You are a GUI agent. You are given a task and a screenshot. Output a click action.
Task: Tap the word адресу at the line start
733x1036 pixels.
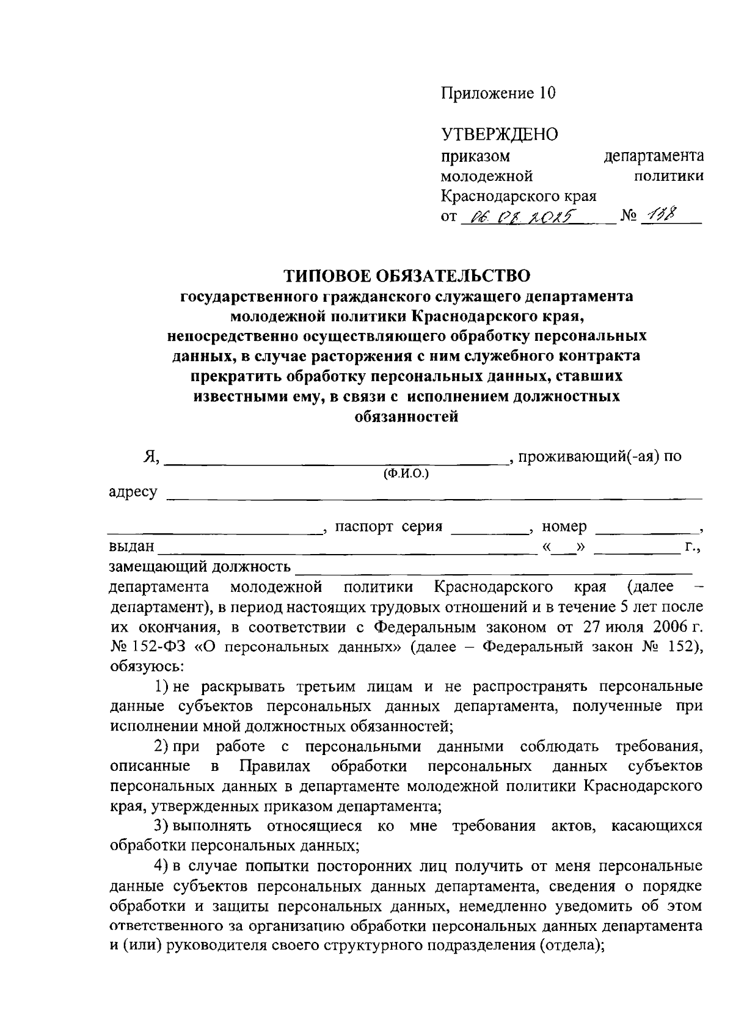(x=133, y=492)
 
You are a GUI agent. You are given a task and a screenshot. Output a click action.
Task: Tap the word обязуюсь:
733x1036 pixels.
(x=142, y=666)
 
